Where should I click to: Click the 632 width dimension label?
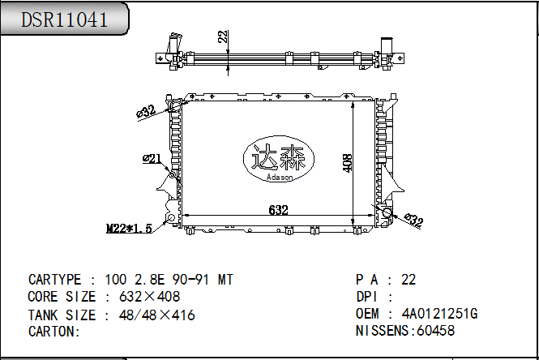pyautogui.click(x=278, y=210)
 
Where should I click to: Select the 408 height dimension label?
pyautogui.click(x=348, y=162)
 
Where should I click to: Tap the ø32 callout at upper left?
pyautogui.click(x=146, y=111)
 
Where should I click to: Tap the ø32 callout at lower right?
pyautogui.click(x=413, y=220)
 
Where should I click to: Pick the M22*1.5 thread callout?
pyautogui.click(x=130, y=229)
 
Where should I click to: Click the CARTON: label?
pyautogui.click(x=53, y=332)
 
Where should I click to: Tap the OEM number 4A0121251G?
pyautogui.click(x=439, y=314)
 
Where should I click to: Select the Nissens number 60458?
pyautogui.click(x=434, y=331)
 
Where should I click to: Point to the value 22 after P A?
pyautogui.click(x=409, y=280)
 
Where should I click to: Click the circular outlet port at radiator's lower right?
pyautogui.click(x=387, y=214)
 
